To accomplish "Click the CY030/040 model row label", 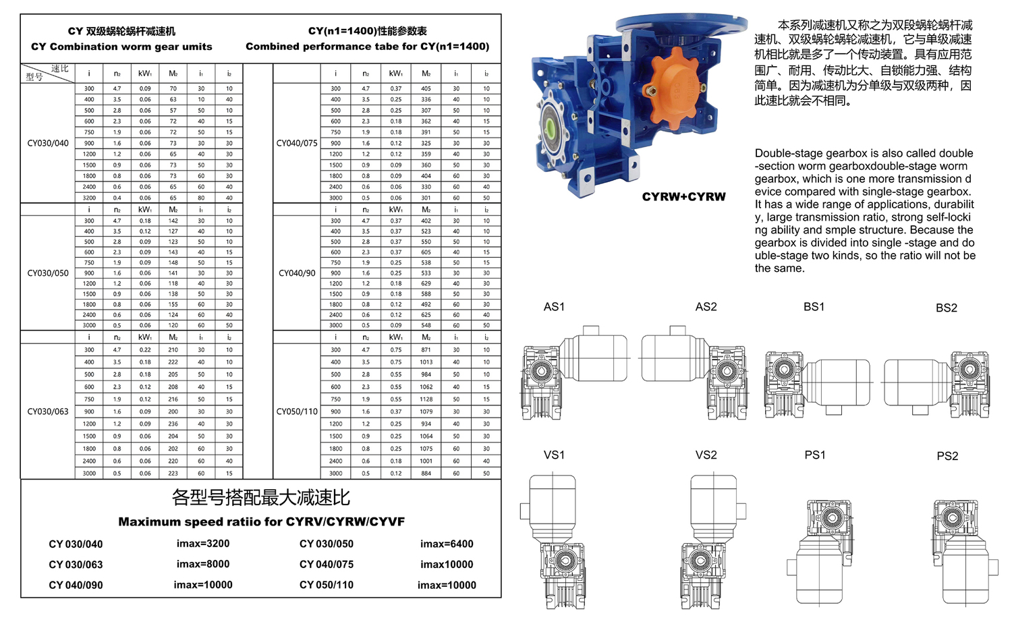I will coord(48,143).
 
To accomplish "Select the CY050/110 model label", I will coord(297,411).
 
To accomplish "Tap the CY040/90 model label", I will coord(297,273).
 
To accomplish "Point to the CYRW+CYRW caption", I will coord(683,197).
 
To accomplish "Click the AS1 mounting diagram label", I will coord(554,307).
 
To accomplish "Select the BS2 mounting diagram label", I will coord(946,308).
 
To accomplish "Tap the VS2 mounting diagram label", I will coord(706,455).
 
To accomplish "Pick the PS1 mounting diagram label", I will coord(814,455).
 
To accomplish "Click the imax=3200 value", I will coord(203,544).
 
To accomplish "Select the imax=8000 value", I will coord(203,564).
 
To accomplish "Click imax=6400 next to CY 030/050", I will coord(447,544).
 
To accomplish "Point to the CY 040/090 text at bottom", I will coord(76,585).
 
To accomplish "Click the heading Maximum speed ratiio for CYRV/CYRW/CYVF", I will coord(261,521).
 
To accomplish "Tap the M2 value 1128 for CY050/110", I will coord(426,399).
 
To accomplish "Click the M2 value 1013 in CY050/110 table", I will coord(426,362).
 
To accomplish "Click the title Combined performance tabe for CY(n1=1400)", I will coord(367,47).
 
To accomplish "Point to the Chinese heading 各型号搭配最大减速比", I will coord(261,498).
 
